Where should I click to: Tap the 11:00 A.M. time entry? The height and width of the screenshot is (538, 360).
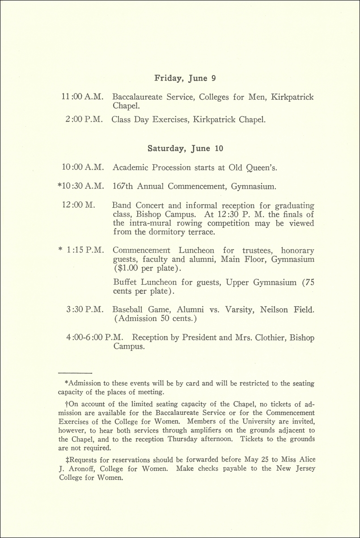coord(83,97)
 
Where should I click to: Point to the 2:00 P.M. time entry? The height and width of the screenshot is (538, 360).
coord(85,120)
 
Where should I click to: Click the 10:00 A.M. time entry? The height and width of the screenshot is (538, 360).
coord(83,167)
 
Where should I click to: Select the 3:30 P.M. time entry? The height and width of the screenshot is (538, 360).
coord(85,310)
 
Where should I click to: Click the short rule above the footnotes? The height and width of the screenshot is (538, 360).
coord(75,372)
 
